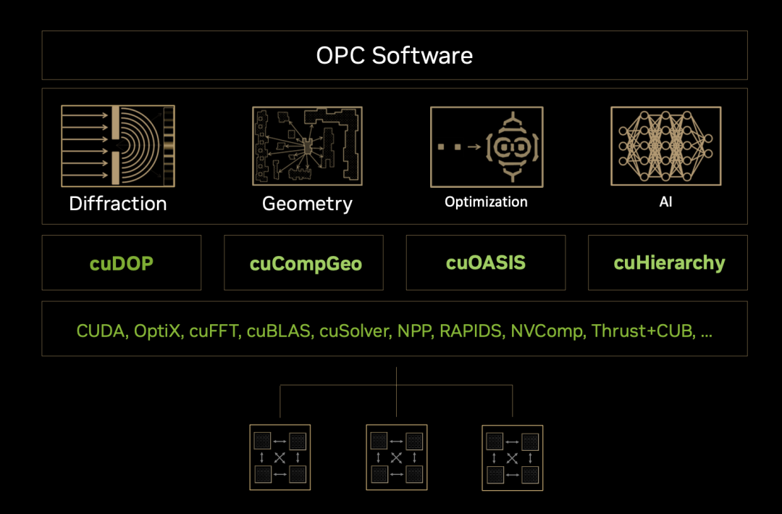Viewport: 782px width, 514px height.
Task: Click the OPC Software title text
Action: click(x=395, y=56)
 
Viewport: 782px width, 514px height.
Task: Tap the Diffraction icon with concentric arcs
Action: click(x=118, y=146)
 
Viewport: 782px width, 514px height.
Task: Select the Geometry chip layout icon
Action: click(x=307, y=146)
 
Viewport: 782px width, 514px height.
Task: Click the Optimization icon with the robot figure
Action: click(x=486, y=147)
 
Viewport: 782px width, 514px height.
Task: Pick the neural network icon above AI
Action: click(x=665, y=146)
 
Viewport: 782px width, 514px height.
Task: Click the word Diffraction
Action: click(x=118, y=204)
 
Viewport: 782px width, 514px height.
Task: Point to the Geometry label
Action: click(x=307, y=204)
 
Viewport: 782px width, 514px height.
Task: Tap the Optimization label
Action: click(x=486, y=202)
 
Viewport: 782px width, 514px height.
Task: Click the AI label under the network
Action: click(x=665, y=202)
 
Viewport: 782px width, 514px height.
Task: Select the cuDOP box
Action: click(x=122, y=262)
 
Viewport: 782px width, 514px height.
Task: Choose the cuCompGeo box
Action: click(x=304, y=262)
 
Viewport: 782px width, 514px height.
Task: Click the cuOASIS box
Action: click(x=486, y=262)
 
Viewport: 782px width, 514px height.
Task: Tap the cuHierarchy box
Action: click(x=668, y=262)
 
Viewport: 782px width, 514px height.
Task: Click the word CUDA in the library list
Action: click(x=102, y=331)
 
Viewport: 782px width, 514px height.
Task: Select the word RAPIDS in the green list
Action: click(x=471, y=331)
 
